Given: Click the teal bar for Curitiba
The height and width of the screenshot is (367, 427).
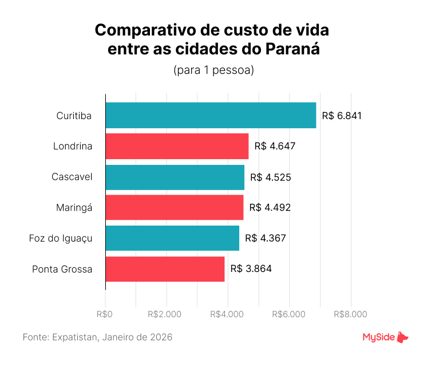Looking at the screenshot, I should pos(211,116).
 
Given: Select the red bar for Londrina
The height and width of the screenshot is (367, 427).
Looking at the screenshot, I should pos(177,146).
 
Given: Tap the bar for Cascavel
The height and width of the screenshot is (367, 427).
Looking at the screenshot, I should pos(175,177).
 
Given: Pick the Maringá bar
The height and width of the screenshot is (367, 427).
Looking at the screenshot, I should pos(174,207).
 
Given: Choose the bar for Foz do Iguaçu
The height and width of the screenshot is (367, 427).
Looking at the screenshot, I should pos(172,238).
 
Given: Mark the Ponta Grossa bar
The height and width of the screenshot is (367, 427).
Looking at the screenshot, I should pos(165,269).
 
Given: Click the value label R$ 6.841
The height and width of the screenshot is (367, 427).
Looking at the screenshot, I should pos(342,116).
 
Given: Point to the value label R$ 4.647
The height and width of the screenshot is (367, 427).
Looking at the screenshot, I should pos(275,146).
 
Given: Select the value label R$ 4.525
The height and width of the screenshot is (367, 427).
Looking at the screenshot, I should pos(271,177).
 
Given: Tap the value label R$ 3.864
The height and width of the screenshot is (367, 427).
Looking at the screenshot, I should pos(251,269).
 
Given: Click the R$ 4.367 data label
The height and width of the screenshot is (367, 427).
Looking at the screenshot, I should pos(265,238).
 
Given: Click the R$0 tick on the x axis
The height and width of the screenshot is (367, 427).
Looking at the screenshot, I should pos(105,314).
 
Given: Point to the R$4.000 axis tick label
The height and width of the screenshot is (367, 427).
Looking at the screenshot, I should pos(228,314).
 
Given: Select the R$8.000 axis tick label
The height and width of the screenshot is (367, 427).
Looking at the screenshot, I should pos(350,314).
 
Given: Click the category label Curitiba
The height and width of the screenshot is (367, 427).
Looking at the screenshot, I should pos(74,116).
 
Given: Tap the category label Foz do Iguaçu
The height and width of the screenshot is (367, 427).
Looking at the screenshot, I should pos(60,238).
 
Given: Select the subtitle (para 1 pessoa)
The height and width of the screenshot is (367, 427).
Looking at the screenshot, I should pos(213,71).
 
